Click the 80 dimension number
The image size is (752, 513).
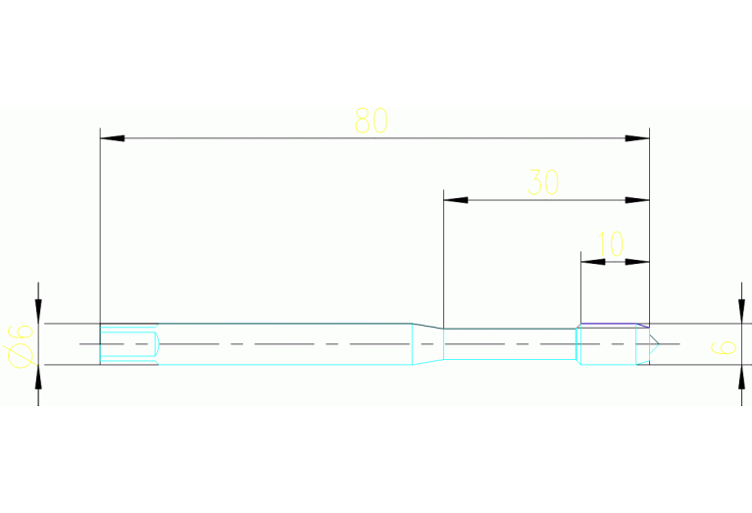[372, 121]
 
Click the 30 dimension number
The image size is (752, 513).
[543, 182]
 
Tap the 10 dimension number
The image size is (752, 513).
[611, 244]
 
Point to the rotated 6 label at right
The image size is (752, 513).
[724, 347]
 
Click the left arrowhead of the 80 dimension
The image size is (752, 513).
[112, 138]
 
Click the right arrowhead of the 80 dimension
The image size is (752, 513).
[637, 138]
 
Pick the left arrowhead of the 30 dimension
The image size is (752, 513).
[456, 200]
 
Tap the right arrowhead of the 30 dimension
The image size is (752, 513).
[637, 200]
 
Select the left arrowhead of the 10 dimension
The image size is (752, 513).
[593, 262]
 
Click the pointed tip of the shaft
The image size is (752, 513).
[660, 344]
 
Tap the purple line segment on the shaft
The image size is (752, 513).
[615, 325]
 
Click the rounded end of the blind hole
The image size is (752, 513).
[157, 344]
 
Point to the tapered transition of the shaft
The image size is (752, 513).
[427, 344]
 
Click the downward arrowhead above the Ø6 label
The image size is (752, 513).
[38, 311]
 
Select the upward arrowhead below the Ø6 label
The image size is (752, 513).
[38, 378]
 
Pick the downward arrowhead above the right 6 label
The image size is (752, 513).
[741, 311]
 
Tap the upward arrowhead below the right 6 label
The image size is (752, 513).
[741, 378]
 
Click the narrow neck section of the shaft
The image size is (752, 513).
[509, 344]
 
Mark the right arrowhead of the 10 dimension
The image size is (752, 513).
[637, 262]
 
